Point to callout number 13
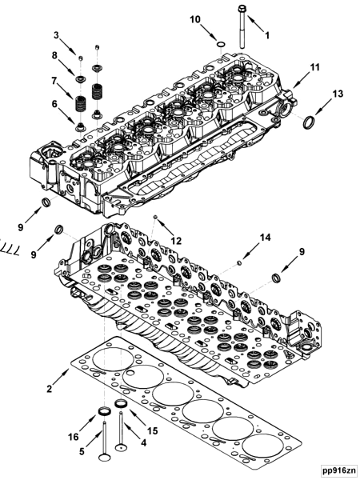338,94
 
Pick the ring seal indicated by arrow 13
308,122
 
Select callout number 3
57,35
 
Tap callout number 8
55,56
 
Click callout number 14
266,238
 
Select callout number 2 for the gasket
50,390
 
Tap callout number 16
74,437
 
